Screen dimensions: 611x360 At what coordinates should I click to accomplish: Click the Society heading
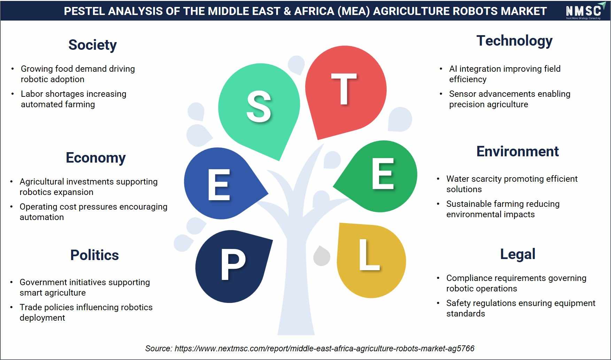[92, 45]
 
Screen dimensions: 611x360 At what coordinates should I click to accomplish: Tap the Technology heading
[515, 41]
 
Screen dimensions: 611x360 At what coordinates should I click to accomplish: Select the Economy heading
[96, 158]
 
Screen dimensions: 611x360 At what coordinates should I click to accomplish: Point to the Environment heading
[518, 151]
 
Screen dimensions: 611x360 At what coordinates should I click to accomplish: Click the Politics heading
[94, 255]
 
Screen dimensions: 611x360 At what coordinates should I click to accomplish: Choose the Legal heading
[518, 255]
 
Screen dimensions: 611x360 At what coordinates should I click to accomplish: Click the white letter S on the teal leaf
[259, 107]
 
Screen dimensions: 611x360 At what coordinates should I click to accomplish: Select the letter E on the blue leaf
[219, 185]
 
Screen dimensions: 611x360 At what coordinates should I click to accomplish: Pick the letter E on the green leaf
[383, 173]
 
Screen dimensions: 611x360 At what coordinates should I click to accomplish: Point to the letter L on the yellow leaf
[369, 255]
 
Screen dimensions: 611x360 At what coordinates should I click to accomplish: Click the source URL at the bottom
[324, 349]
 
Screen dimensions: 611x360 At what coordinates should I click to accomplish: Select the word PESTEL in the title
[84, 11]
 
